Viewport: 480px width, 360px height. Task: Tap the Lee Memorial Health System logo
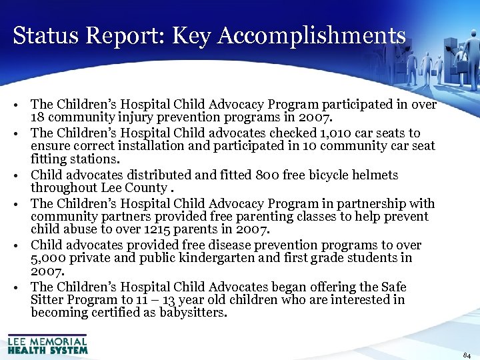coord(47,345)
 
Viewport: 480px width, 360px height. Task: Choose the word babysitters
coord(193,313)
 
